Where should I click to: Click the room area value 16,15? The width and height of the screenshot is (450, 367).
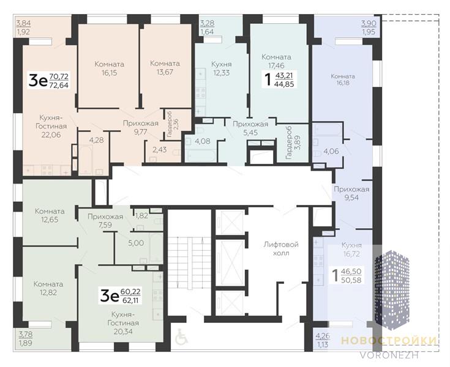tap(110, 73)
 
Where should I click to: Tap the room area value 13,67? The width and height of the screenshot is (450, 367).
tap(165, 72)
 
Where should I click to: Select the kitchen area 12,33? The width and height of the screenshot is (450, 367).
tap(222, 73)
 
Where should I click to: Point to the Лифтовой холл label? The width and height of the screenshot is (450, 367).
tap(281, 249)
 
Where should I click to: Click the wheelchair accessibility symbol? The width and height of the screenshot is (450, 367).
tap(181, 337)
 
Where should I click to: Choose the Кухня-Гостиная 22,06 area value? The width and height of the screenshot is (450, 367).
tap(51, 135)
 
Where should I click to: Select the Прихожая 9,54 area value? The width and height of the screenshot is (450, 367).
tap(351, 198)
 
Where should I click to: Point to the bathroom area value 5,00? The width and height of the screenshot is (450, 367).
tap(136, 243)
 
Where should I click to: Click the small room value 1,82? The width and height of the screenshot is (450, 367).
tap(141, 215)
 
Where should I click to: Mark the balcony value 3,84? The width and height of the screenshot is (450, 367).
tap(23, 23)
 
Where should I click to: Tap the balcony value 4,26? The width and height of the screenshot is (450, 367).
tap(323, 335)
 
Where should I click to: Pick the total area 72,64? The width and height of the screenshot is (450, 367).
tap(59, 85)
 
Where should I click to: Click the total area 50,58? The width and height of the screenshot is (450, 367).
tap(351, 280)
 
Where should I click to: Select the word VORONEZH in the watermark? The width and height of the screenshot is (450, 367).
tap(389, 355)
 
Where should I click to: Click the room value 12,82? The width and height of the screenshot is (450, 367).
tap(48, 293)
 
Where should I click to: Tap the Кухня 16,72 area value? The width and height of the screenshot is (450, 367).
tap(351, 254)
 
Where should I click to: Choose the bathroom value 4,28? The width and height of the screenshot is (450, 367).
tap(97, 140)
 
